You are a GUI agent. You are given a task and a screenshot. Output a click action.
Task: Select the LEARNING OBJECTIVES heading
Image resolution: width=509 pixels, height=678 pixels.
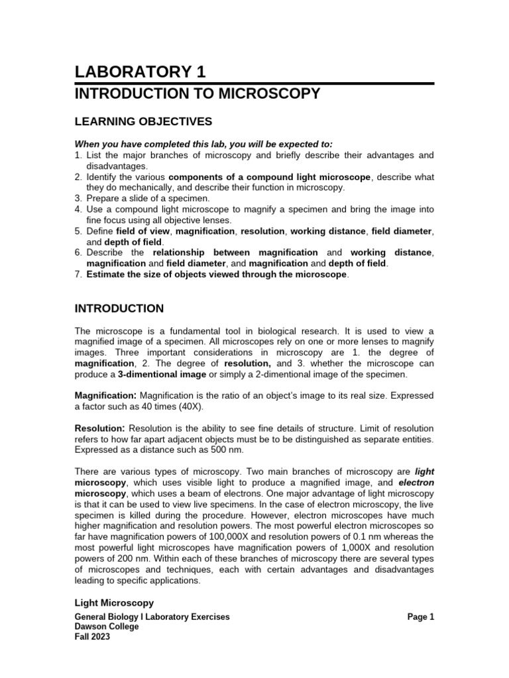tap(143, 121)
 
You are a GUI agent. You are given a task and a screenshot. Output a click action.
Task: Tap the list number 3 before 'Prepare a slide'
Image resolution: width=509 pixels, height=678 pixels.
tap(78, 199)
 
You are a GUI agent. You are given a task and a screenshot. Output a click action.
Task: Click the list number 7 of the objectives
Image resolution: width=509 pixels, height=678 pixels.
tap(78, 275)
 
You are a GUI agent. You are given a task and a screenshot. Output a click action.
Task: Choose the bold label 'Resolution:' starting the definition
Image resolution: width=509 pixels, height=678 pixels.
tap(100, 429)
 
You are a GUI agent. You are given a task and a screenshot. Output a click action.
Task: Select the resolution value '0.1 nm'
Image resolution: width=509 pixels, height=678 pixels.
tap(390, 536)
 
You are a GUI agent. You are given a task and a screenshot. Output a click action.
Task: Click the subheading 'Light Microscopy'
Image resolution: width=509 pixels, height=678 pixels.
tap(114, 603)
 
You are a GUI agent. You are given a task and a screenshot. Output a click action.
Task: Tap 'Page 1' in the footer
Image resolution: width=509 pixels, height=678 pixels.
tap(420, 617)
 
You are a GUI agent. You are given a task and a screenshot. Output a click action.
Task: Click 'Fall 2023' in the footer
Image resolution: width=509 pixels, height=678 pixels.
tap(93, 637)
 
